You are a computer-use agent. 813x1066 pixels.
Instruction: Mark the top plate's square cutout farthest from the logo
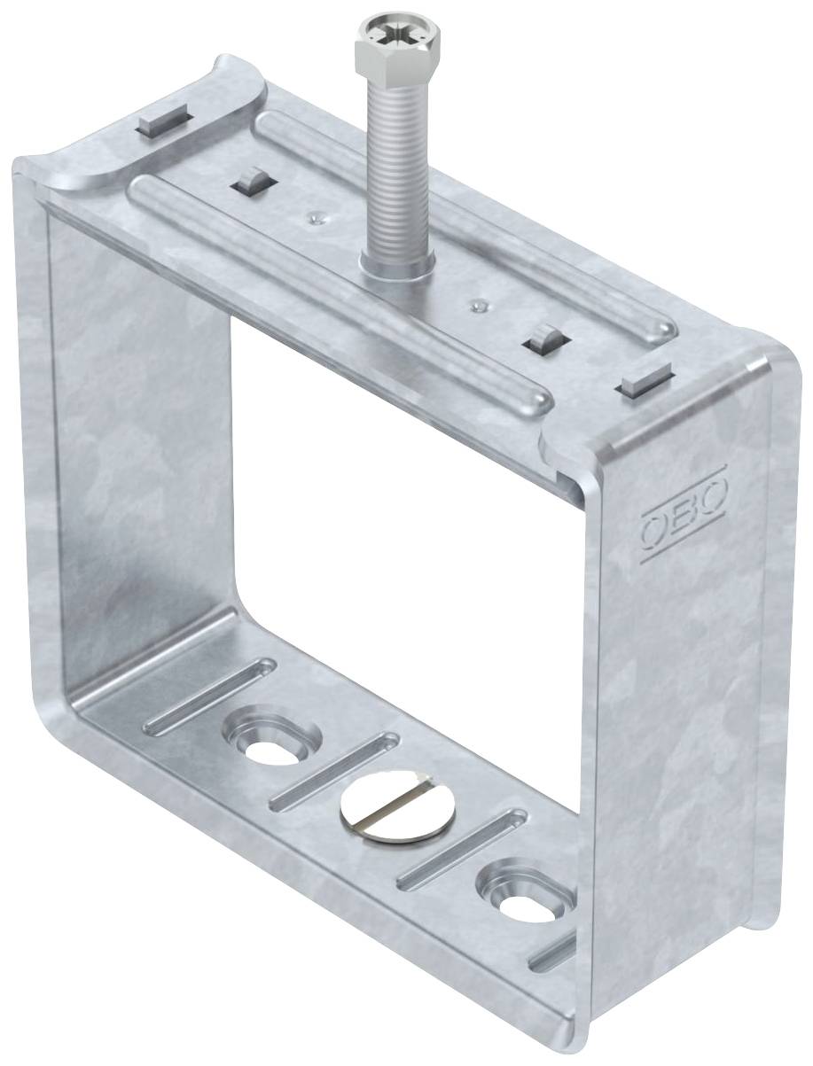click(x=255, y=181)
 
